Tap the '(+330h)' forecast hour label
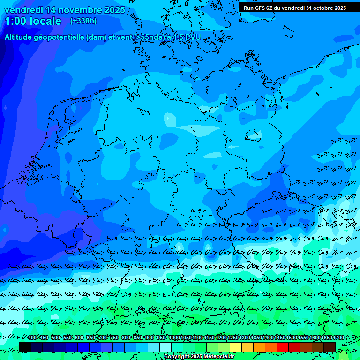[83, 21]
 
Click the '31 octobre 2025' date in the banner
[326, 7]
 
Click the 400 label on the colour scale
[32, 338]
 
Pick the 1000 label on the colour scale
[174, 338]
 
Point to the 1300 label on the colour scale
[245, 338]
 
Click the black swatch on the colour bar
[25, 347]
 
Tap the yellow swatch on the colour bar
[236, 347]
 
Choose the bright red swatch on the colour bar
[283, 347]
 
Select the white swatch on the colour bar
[165, 347]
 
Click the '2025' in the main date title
[114, 10]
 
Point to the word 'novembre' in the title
[79, 10]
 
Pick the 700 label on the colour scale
[103, 338]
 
